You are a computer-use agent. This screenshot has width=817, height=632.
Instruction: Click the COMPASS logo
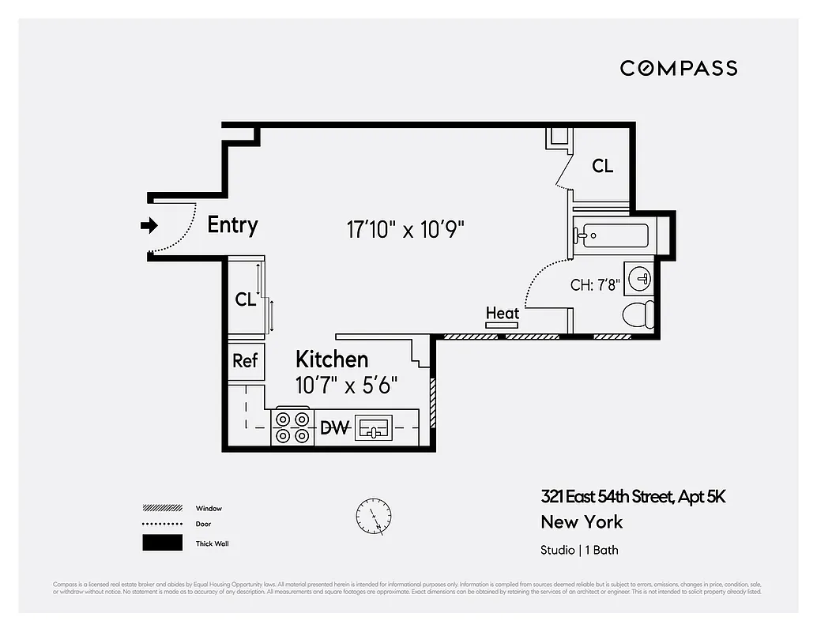(678, 69)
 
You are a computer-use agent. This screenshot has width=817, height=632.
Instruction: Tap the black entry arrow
(149, 226)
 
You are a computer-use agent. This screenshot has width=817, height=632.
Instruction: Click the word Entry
(232, 225)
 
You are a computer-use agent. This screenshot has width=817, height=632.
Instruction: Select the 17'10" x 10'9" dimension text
(405, 230)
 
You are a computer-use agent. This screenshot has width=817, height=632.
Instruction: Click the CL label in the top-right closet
(602, 166)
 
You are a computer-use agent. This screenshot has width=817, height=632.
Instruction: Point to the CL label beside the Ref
(246, 300)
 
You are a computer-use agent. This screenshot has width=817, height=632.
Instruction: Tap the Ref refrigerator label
(245, 360)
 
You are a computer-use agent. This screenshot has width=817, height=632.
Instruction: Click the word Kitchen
(332, 359)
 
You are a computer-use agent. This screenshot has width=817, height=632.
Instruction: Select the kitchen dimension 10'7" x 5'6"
(346, 386)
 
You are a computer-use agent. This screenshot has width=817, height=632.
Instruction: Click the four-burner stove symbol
(292, 427)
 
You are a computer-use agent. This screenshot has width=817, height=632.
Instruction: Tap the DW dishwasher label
(335, 428)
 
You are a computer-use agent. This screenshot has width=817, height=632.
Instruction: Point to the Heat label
(503, 314)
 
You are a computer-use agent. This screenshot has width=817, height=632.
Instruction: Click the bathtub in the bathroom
(612, 235)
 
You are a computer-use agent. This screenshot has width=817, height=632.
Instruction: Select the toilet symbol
(638, 314)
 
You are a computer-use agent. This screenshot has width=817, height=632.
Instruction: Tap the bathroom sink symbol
(639, 278)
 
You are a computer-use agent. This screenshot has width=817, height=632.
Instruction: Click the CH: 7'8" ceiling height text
(594, 285)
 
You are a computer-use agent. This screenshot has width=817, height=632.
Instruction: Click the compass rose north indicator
(373, 515)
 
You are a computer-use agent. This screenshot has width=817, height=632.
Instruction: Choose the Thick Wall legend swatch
(162, 544)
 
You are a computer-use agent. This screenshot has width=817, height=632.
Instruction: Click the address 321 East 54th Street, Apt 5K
(633, 497)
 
